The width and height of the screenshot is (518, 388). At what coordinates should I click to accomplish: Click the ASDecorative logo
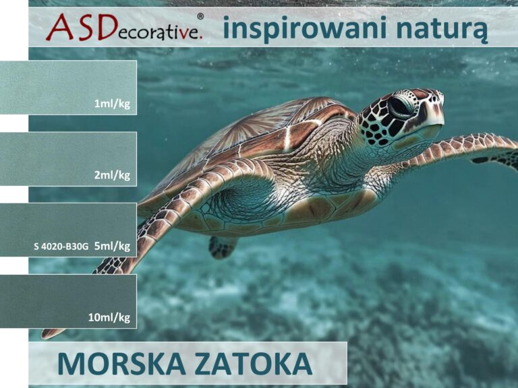(125, 27)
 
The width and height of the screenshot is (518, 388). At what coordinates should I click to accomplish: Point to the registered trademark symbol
(200, 16)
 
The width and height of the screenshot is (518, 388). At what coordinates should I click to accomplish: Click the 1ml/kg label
(112, 104)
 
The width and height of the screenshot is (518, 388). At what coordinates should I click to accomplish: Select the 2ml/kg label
(112, 175)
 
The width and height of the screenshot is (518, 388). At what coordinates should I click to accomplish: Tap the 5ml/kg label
(112, 246)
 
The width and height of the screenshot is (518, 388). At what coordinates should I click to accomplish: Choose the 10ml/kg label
(109, 317)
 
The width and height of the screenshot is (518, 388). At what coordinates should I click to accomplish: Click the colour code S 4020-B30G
(61, 246)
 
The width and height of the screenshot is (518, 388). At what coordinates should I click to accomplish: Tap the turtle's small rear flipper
(221, 247)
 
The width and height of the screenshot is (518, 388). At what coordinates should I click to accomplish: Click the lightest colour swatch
(68, 88)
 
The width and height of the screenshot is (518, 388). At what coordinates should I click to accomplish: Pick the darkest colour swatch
(68, 301)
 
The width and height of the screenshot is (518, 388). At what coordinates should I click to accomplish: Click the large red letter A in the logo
(60, 27)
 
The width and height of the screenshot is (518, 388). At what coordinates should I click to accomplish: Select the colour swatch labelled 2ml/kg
(68, 159)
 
